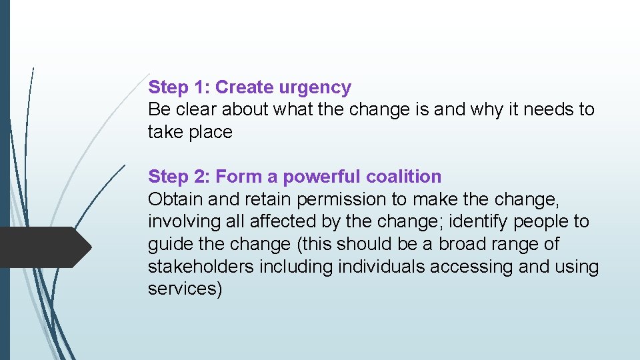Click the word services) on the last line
185,289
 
